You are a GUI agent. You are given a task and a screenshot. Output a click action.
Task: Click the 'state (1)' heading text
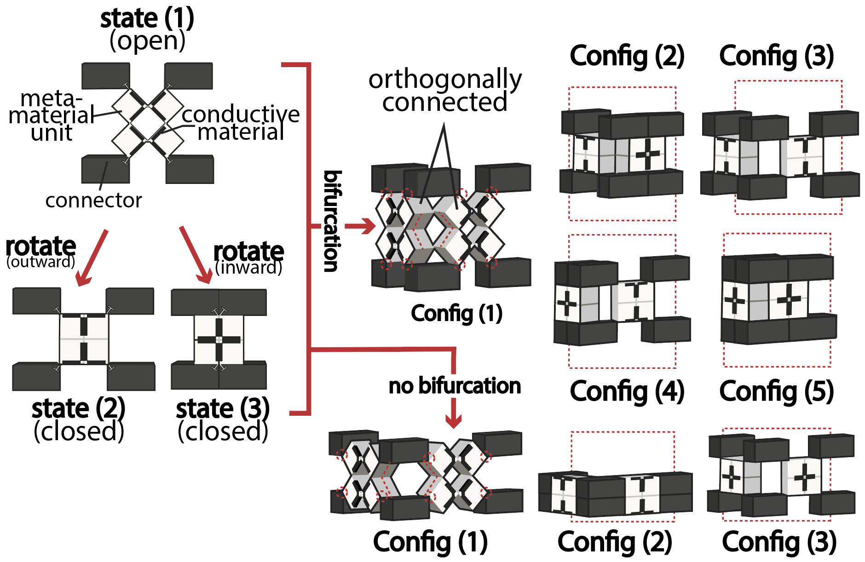(x=147, y=18)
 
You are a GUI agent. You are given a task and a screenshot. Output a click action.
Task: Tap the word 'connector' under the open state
(x=93, y=200)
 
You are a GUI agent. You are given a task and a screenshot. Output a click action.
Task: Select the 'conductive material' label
(x=241, y=123)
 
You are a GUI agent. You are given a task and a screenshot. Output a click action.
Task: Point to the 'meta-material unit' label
(x=52, y=115)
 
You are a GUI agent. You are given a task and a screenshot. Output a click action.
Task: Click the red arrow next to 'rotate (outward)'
(x=92, y=258)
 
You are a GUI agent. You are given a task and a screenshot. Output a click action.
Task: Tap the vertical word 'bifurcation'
(x=332, y=221)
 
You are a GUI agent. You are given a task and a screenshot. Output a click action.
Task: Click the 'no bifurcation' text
(x=455, y=385)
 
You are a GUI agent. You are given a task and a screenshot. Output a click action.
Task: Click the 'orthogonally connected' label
(x=445, y=91)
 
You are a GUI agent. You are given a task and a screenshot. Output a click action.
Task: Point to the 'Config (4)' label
(x=627, y=391)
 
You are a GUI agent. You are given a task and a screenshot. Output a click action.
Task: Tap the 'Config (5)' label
(x=777, y=391)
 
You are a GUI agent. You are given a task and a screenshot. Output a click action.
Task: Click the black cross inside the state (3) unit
(x=219, y=340)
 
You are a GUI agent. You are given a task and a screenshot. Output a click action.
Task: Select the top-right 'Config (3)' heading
(x=777, y=56)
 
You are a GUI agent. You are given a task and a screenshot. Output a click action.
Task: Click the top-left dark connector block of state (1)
(x=106, y=76)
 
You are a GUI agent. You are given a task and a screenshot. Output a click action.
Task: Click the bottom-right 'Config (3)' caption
(x=779, y=542)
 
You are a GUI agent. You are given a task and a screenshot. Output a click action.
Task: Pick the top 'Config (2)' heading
(x=627, y=56)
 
